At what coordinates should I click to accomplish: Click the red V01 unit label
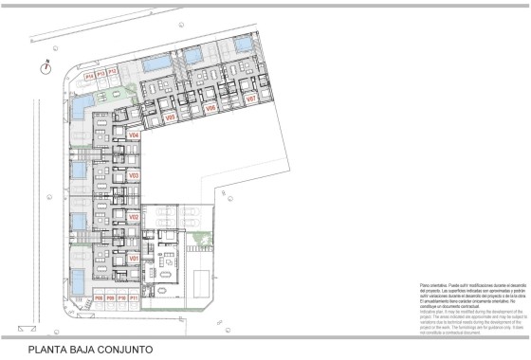click(134, 258)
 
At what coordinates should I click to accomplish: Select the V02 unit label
click(134, 217)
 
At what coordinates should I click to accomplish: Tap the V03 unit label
click(134, 175)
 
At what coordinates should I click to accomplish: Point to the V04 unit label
click(134, 135)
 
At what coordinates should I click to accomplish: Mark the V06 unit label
click(211, 108)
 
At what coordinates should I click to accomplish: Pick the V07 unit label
click(251, 99)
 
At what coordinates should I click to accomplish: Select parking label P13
click(101, 72)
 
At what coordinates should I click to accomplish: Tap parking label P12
click(112, 72)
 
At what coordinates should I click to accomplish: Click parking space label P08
click(99, 298)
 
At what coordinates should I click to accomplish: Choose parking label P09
click(110, 298)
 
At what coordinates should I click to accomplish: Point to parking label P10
click(121, 298)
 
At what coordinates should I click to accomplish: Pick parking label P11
click(134, 298)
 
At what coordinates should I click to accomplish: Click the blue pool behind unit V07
click(242, 45)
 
